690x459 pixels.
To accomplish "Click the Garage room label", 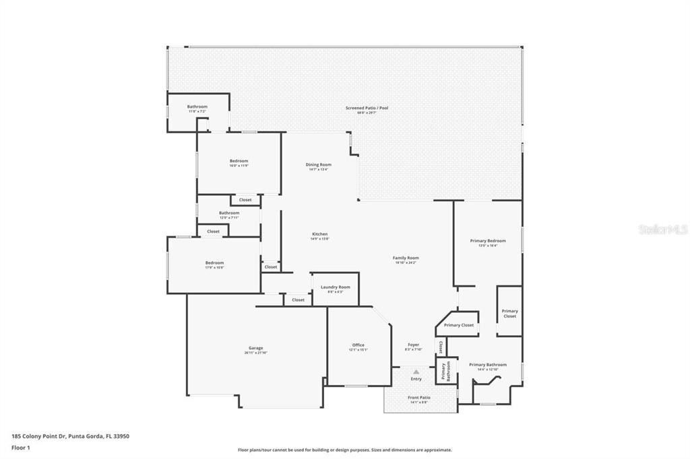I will tap(256, 349).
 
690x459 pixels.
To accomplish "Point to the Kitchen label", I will tap(319, 236).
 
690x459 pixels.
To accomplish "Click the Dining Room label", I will tap(319, 166).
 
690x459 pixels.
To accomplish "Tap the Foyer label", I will tap(413, 346).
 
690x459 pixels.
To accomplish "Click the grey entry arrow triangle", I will tap(416, 371).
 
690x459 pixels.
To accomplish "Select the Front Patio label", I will tap(418, 398).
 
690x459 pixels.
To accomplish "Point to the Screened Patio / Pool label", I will tap(367, 109).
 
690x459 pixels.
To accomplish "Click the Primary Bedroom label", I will tap(487, 242).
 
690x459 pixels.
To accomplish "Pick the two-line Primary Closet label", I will tap(509, 313).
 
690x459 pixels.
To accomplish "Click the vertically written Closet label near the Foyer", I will tap(441, 347).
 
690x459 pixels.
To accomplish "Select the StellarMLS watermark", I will tap(663, 229).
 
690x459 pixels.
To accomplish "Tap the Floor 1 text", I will tap(21, 447).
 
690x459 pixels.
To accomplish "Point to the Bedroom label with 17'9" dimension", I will tap(214, 264).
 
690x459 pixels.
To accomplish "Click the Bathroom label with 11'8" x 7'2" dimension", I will tap(197, 108).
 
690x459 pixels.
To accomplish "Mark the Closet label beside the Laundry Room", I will tap(298, 299).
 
